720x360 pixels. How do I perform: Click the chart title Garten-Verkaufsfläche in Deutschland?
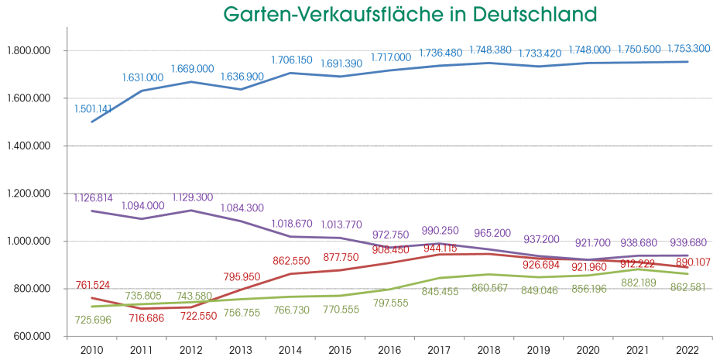[410, 14]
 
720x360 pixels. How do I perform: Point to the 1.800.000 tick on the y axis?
[29, 51]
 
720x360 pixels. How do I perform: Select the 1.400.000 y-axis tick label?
[29, 146]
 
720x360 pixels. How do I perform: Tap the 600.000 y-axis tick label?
[32, 337]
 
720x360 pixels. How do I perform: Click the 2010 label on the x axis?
[92, 349]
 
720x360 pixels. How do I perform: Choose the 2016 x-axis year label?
[389, 349]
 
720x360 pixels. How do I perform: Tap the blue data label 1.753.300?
[687, 48]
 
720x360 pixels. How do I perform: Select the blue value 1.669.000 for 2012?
[191, 69]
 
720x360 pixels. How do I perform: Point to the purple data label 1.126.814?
[94, 197]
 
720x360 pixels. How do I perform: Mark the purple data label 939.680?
[687, 242]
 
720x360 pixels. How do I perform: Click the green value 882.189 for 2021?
[637, 304]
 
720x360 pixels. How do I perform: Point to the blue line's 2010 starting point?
[92, 122]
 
